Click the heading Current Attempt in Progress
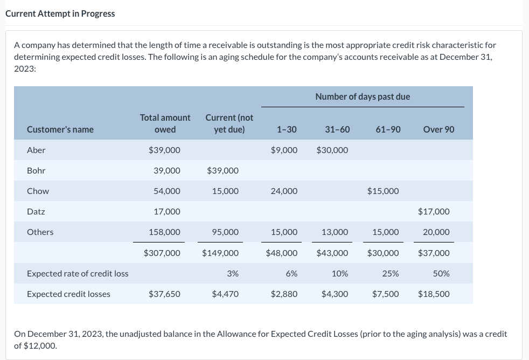coord(60,13)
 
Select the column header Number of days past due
coord(363,96)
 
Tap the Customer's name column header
coord(60,129)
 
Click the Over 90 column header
coord(438,129)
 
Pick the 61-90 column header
coord(388,129)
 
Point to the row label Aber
coord(36,150)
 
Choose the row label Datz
coord(36,211)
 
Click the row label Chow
coord(38,191)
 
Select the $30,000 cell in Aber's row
coord(332,150)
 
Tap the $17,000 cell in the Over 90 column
coord(434,211)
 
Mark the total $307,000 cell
coord(162,253)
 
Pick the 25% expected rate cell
coord(391,273)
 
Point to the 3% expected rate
coord(233,273)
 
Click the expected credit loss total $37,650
coord(164,294)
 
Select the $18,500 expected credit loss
coord(434,294)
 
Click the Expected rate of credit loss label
coord(78,273)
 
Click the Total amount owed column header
coord(165,123)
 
